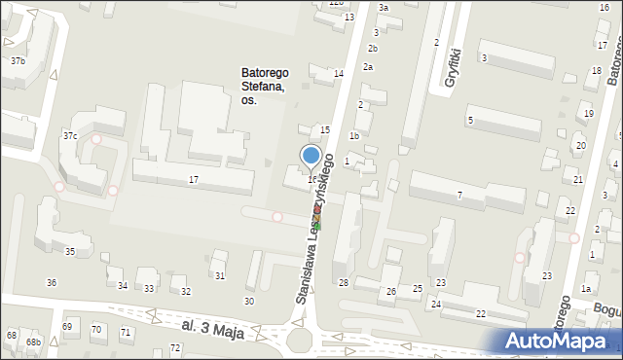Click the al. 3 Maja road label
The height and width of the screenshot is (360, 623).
213,323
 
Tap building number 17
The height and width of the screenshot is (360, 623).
194,180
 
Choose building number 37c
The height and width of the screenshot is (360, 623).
70,135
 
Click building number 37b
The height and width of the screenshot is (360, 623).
18,61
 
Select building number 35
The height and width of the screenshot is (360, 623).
69,252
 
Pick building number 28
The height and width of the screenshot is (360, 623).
343,282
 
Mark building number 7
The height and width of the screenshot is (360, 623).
459,196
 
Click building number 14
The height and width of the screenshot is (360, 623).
339,74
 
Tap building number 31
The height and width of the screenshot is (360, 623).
220,276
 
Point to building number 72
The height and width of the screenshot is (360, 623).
175,347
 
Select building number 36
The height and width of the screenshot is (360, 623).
52,282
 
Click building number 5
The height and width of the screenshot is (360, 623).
470,120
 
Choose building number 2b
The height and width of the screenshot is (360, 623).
373,49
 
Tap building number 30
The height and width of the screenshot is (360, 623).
249,302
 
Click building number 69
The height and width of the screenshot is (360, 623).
67,326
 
